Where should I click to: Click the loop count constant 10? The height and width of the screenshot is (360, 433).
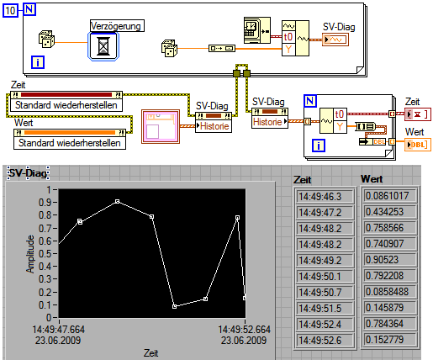point(10,11)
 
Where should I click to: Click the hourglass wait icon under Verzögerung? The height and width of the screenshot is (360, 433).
point(103,46)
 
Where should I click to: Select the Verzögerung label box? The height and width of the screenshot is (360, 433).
point(117,26)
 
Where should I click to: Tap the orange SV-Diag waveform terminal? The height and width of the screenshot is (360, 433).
point(335,40)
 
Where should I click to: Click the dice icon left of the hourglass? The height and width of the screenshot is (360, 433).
point(46,39)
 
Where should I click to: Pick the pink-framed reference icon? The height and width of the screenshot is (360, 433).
point(161,126)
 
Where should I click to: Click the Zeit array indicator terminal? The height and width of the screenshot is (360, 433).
point(418,114)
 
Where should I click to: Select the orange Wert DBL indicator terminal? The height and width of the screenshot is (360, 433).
point(418,145)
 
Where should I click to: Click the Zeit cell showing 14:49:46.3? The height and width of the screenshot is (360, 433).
point(325,197)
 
